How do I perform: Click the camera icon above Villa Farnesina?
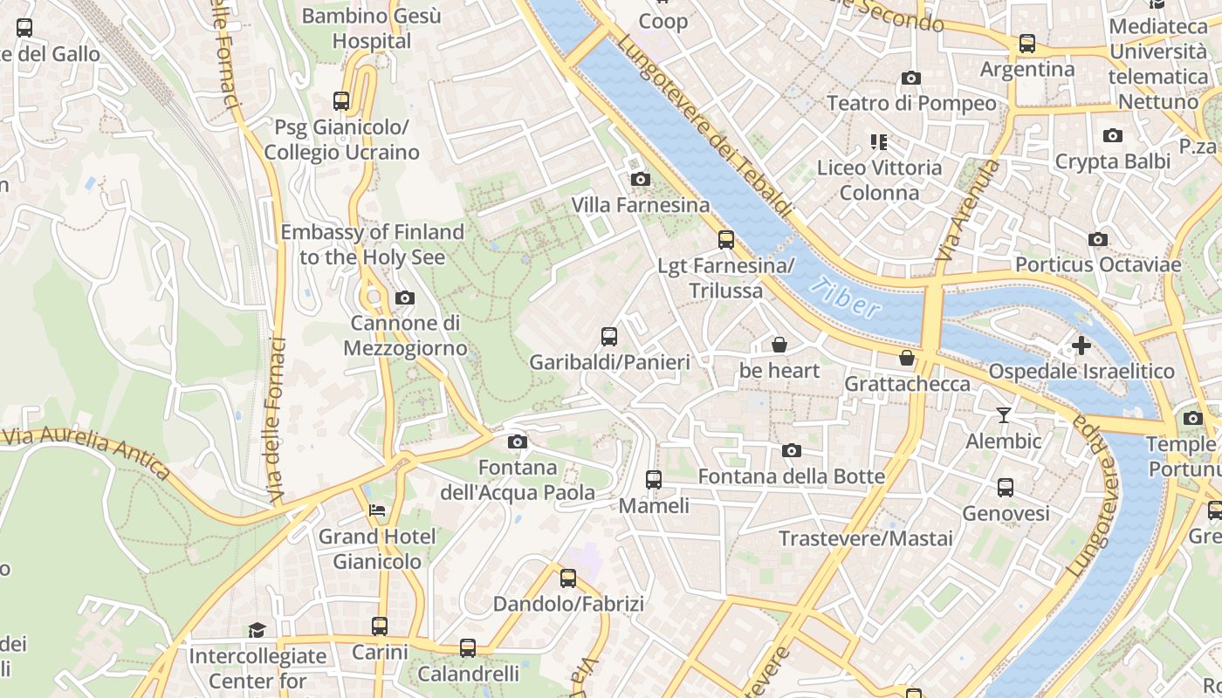tap(640, 180)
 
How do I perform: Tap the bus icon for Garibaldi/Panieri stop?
tap(609, 337)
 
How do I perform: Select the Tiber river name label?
tap(845, 298)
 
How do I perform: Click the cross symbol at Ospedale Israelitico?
tap(1081, 346)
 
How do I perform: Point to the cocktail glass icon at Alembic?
tap(1004, 415)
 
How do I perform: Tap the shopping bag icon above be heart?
tap(779, 346)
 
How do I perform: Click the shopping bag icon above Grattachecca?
tap(907, 358)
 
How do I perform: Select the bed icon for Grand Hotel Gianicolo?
tap(377, 510)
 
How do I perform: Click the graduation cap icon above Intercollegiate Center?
tap(257, 630)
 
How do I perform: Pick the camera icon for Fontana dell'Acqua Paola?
tap(518, 442)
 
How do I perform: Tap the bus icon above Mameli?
tap(653, 480)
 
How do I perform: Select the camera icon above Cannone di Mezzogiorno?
tap(404, 298)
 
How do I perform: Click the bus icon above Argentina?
tap(1027, 44)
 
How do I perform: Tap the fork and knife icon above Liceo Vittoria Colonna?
tap(879, 142)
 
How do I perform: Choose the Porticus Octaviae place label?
tap(1097, 264)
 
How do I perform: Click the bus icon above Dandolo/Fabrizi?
tap(568, 578)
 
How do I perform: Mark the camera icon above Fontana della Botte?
tap(791, 451)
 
